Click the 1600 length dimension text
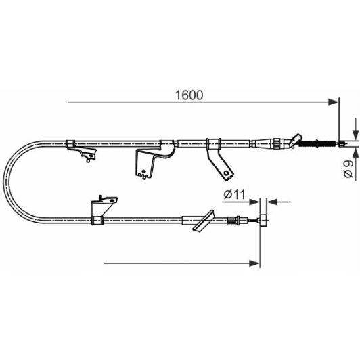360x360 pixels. click(x=189, y=95)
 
